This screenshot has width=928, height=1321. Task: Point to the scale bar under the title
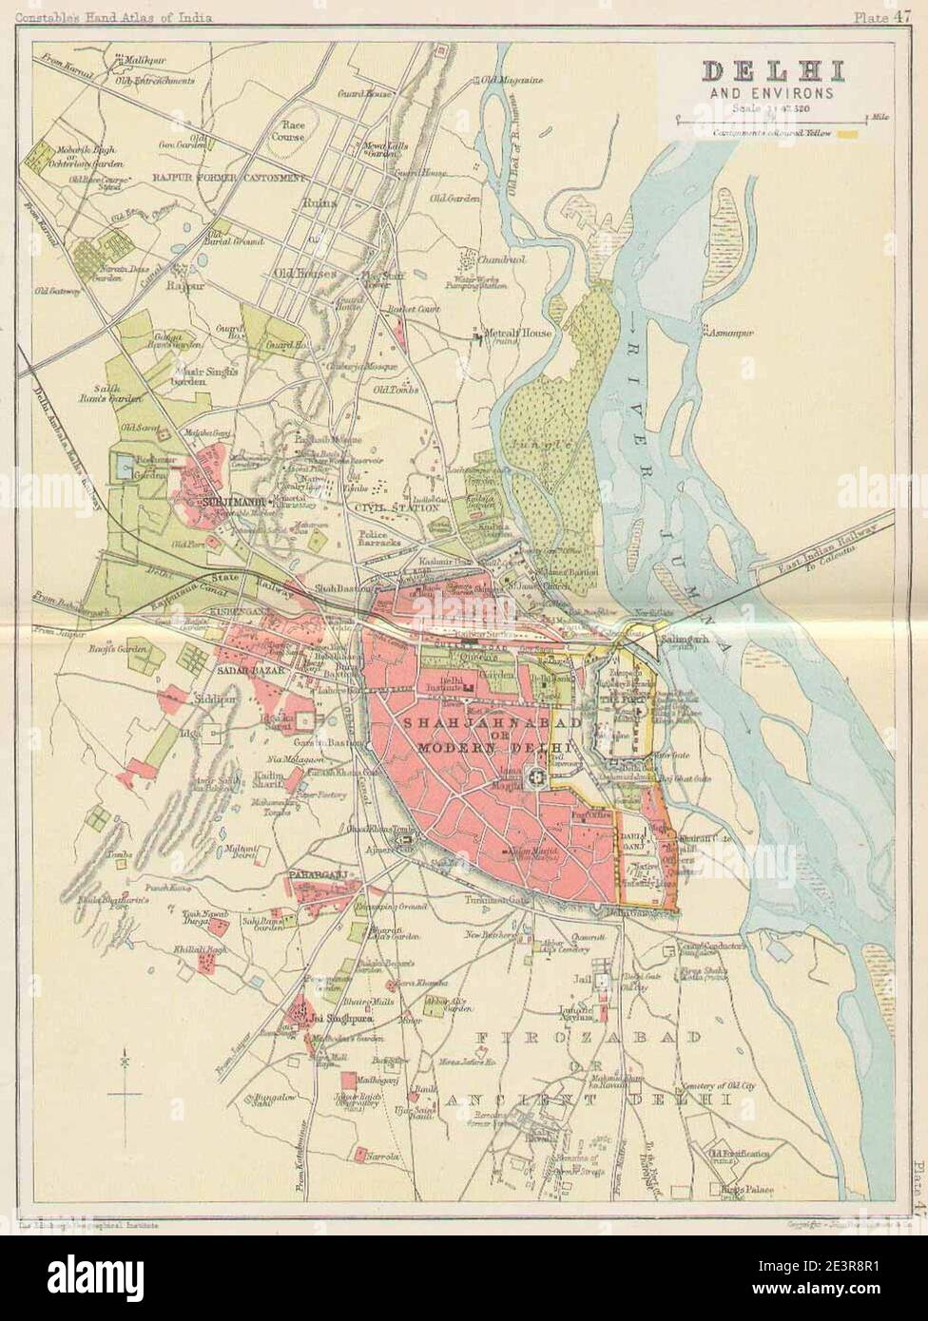coord(771,120)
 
